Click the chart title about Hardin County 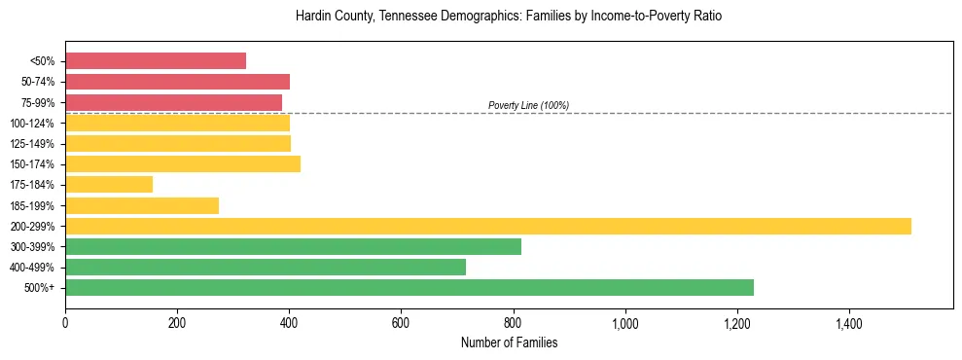509,17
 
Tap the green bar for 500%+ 410,287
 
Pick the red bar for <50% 156,61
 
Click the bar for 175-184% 109,185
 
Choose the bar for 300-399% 293,246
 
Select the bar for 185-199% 142,205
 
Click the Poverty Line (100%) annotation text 528,105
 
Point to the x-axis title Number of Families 509,342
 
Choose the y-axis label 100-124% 34,123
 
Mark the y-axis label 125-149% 34,144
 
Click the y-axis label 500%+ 41,288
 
